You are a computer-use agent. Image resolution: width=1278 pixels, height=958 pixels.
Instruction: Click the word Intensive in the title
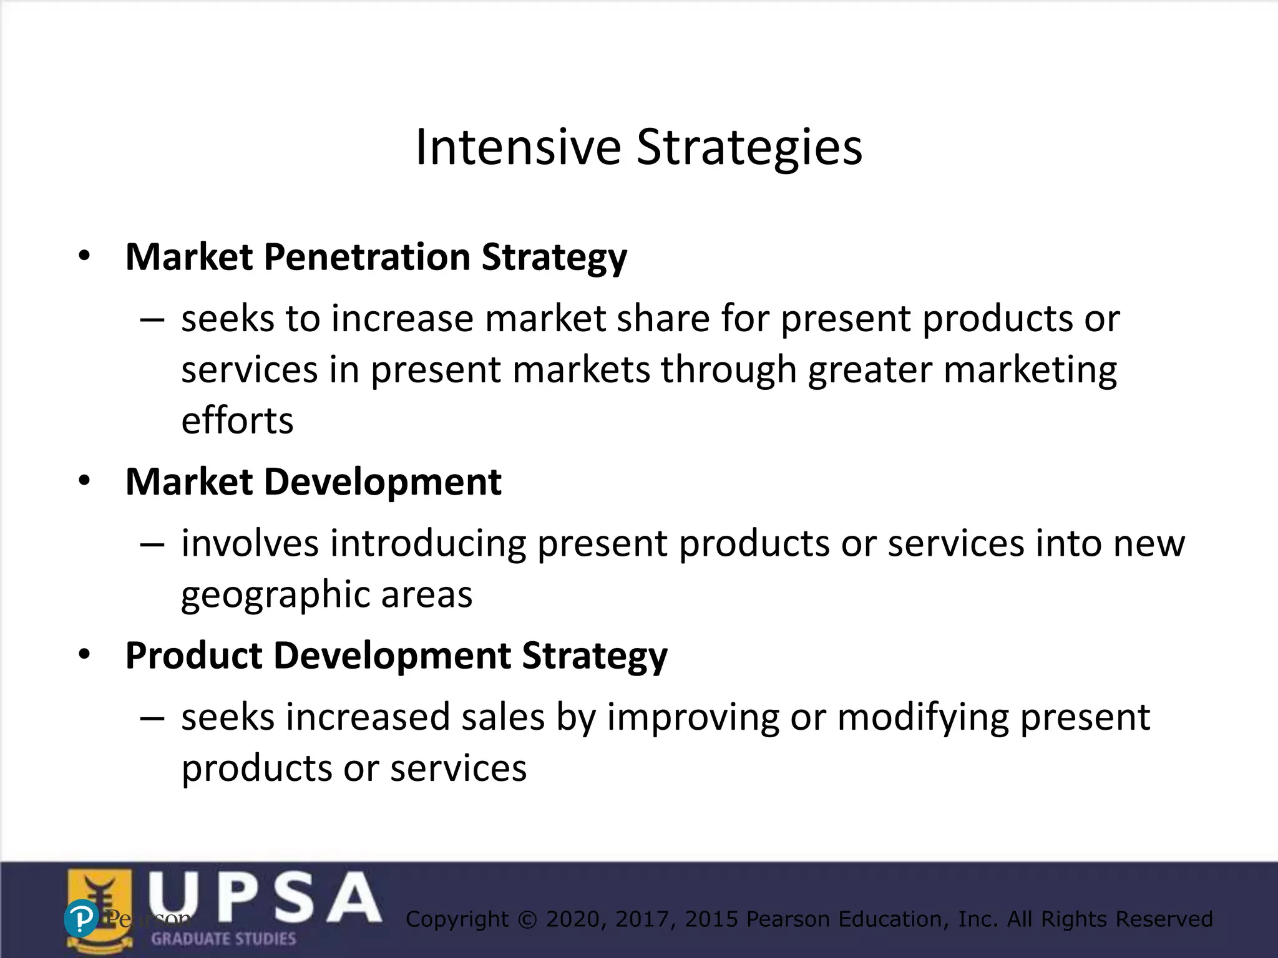(x=518, y=147)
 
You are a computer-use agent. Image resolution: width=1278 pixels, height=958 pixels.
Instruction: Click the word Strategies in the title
(x=749, y=147)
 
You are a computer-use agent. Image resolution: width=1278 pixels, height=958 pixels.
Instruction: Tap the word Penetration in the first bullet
(x=367, y=257)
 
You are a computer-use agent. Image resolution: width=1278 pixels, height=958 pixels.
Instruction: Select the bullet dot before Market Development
(x=85, y=481)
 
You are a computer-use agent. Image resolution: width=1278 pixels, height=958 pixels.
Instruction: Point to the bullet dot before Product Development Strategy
(x=85, y=654)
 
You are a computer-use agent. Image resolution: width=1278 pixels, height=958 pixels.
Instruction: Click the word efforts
(x=237, y=420)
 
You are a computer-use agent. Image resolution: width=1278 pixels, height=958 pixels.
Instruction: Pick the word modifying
(x=923, y=717)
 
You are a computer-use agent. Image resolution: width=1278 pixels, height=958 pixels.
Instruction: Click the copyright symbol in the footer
(x=527, y=919)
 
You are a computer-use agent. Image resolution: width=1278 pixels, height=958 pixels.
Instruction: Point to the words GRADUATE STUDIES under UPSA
(x=223, y=939)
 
